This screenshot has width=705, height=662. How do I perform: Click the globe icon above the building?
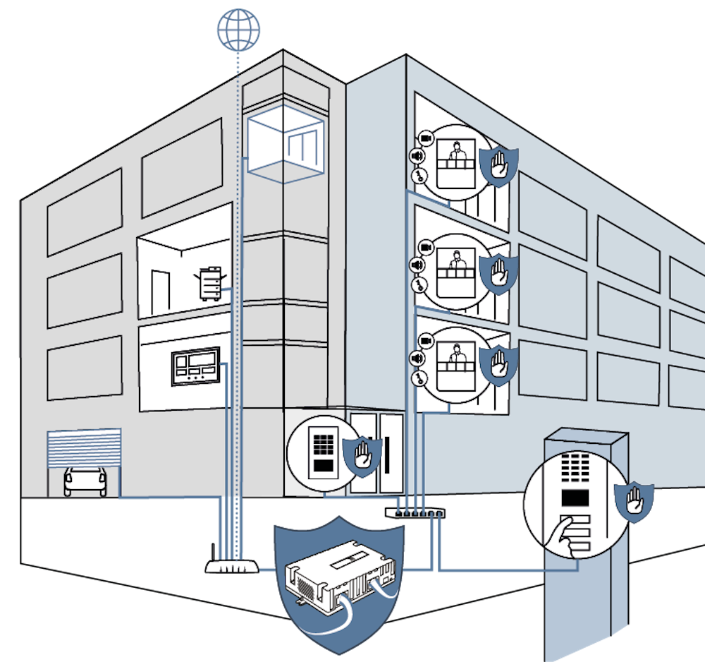(238, 29)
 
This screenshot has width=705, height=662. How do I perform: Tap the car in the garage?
(85, 481)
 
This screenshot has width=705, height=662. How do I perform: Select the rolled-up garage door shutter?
(84, 447)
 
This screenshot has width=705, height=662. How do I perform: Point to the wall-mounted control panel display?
(195, 366)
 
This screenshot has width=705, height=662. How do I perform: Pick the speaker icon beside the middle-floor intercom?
(417, 265)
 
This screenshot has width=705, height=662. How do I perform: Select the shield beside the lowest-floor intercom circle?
(499, 363)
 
